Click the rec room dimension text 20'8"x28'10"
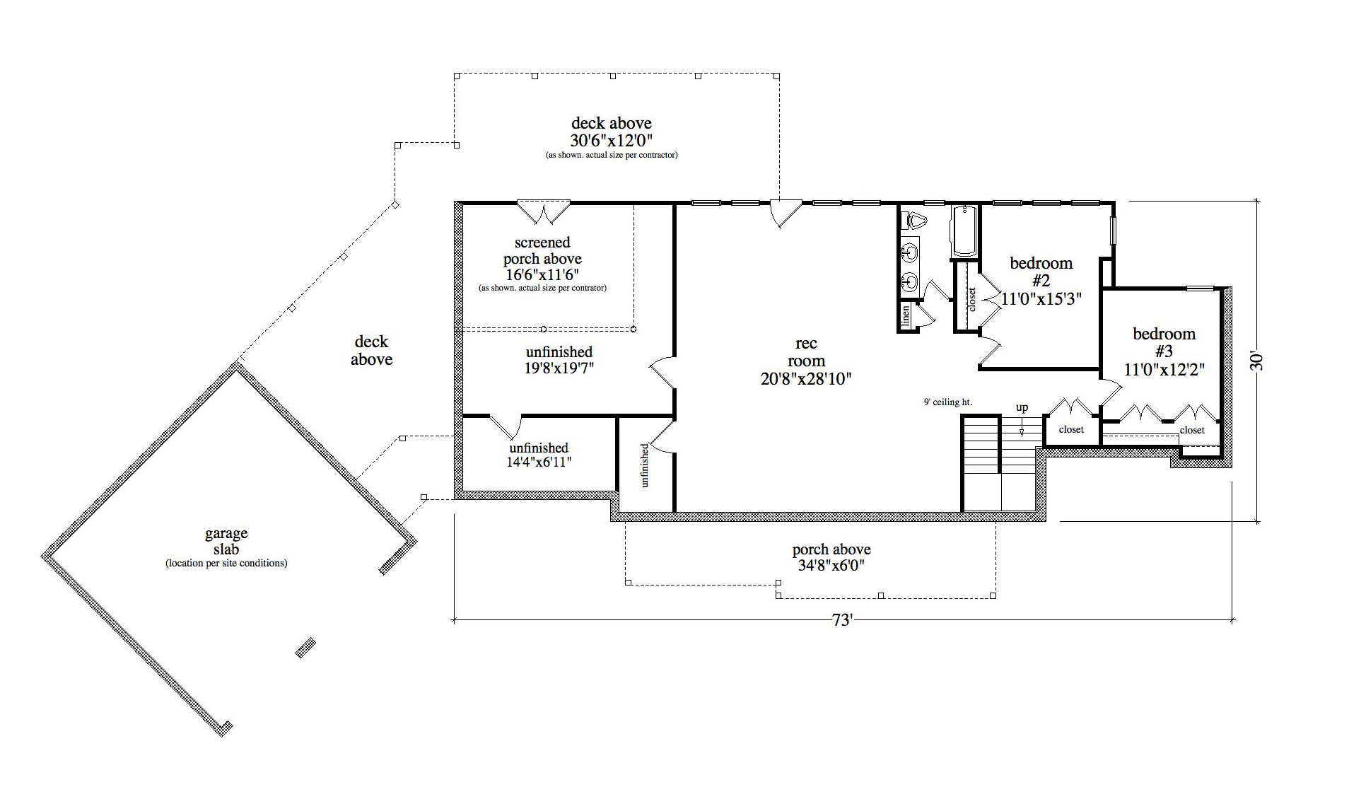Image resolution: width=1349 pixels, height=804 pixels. coord(805,379)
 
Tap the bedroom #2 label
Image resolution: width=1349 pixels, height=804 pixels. coord(1041,272)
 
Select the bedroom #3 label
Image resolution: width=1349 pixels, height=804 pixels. coord(1164,342)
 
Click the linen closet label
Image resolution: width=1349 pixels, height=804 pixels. coord(906,317)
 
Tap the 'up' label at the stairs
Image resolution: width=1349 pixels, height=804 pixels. coord(1022,408)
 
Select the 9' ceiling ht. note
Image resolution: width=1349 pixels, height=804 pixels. coord(947,402)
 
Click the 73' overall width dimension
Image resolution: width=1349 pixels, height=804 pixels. coord(841,621)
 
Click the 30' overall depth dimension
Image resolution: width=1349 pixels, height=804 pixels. coord(1256,361)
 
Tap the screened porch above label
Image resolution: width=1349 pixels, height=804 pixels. coord(542,251)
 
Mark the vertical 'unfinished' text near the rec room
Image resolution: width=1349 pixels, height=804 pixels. coord(644,465)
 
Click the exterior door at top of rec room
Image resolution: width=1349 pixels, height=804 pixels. coord(785,213)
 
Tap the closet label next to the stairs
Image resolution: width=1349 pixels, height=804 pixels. coord(1070,430)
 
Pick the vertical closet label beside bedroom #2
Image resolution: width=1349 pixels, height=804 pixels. coord(971,300)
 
